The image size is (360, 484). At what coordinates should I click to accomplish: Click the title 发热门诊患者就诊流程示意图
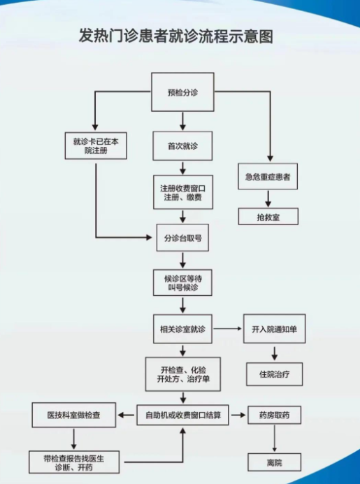(180, 36)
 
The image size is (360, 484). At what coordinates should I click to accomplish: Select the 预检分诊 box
(182, 92)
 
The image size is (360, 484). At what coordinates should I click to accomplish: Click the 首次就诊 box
(182, 145)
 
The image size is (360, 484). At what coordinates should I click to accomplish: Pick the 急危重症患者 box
(268, 178)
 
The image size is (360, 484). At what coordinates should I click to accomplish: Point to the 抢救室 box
(268, 217)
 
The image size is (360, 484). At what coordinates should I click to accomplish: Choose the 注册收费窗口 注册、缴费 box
(182, 193)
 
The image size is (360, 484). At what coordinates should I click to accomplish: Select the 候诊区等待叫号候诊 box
(182, 283)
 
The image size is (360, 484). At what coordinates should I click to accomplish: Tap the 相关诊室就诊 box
(182, 329)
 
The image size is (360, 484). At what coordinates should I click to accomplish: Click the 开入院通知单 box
(274, 329)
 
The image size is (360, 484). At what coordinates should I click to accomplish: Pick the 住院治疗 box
(274, 373)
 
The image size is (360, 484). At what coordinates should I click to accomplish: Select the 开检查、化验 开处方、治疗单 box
(182, 373)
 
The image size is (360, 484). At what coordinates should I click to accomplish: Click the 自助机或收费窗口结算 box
(182, 415)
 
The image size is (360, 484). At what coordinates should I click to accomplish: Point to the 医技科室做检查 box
(73, 415)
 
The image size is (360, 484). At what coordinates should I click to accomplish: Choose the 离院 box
(274, 462)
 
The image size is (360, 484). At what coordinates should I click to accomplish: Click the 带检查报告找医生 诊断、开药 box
(73, 462)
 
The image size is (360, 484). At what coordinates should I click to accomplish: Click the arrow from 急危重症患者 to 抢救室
(268, 198)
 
